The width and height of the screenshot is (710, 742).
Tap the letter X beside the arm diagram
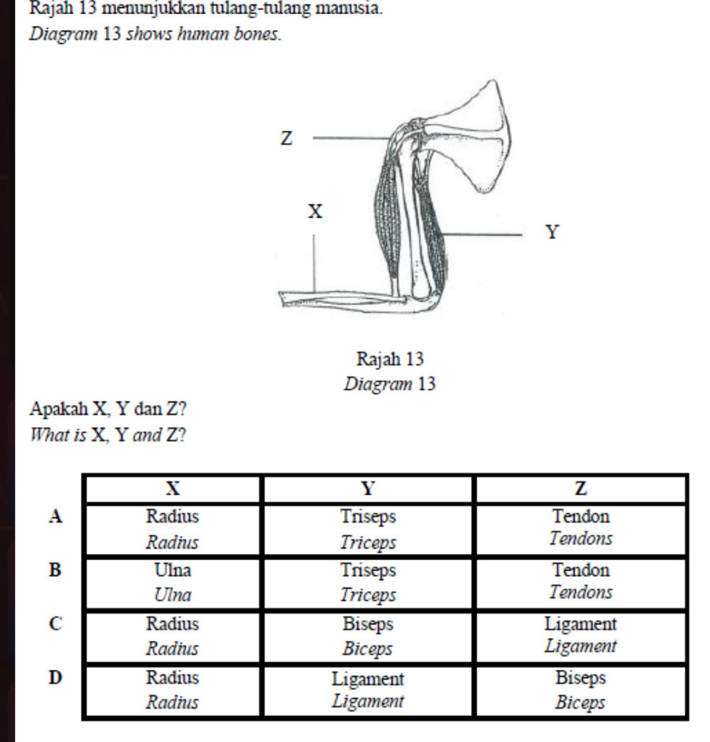click(x=314, y=212)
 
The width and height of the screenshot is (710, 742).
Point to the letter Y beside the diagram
click(x=553, y=233)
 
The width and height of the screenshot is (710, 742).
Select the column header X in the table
click(x=172, y=488)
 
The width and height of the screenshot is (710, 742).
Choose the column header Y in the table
click(x=368, y=488)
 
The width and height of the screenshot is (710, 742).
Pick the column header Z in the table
click(x=581, y=488)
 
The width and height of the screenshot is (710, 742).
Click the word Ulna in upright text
click(x=172, y=570)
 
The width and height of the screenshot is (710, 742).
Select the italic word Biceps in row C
click(x=369, y=648)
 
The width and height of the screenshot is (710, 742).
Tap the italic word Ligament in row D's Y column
click(x=367, y=701)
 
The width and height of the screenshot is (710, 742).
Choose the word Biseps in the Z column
click(x=581, y=678)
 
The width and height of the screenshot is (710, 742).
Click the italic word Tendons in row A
click(x=581, y=539)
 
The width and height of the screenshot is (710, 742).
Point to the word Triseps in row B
click(x=369, y=571)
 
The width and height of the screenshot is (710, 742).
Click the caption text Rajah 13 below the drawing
click(x=390, y=359)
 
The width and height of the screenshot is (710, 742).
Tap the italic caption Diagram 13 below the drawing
click(x=390, y=383)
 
